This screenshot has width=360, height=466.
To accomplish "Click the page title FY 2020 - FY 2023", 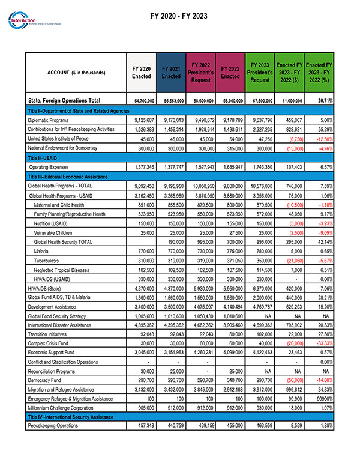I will (x=179, y=16).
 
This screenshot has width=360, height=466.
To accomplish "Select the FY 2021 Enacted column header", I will (x=171, y=73).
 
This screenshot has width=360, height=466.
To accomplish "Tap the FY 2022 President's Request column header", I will (x=201, y=73).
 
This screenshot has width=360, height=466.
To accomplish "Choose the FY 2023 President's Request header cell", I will (x=260, y=73).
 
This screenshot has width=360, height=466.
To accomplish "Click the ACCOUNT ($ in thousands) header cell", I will (x=76, y=73).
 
